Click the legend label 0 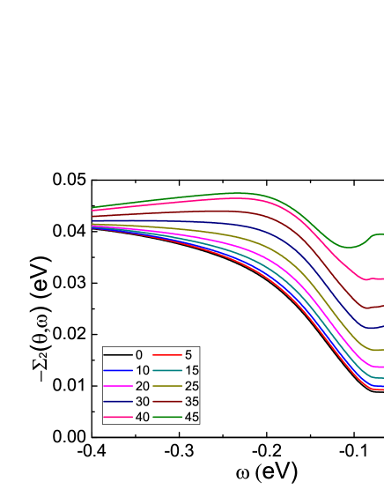pyautogui.click(x=138, y=354)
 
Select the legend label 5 pyautogui.click(x=188, y=354)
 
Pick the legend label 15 pyautogui.click(x=192, y=370)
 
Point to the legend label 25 pyautogui.click(x=192, y=386)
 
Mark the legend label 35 pyautogui.click(x=192, y=401)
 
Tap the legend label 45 pyautogui.click(x=192, y=417)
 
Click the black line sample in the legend pyautogui.click(x=118, y=354)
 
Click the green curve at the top pyautogui.click(x=238, y=192)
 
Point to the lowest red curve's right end pyautogui.click(x=380, y=389)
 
